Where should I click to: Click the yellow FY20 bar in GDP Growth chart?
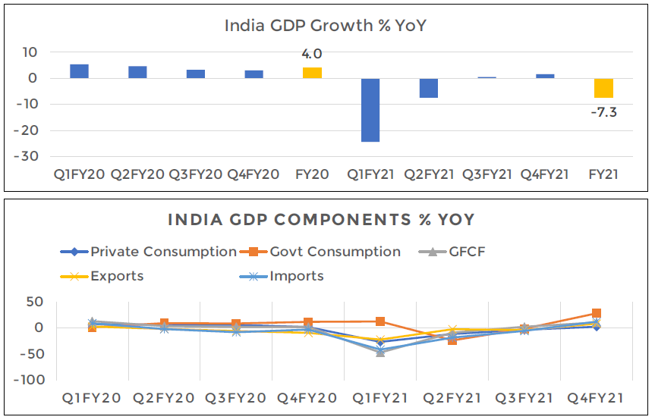pos(312,73)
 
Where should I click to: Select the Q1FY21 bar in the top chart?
pos(370,110)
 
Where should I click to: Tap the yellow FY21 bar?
pos(603,88)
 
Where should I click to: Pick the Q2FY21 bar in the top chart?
pos(429,88)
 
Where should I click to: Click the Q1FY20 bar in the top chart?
pos(79,71)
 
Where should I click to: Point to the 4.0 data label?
pos(312,54)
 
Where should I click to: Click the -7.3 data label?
pos(603,112)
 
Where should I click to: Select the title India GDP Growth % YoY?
pos(326,26)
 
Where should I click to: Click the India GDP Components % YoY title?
pos(321,220)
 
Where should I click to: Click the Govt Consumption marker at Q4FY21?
pos(597,313)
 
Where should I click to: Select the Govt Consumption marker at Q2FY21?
pos(452,340)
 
